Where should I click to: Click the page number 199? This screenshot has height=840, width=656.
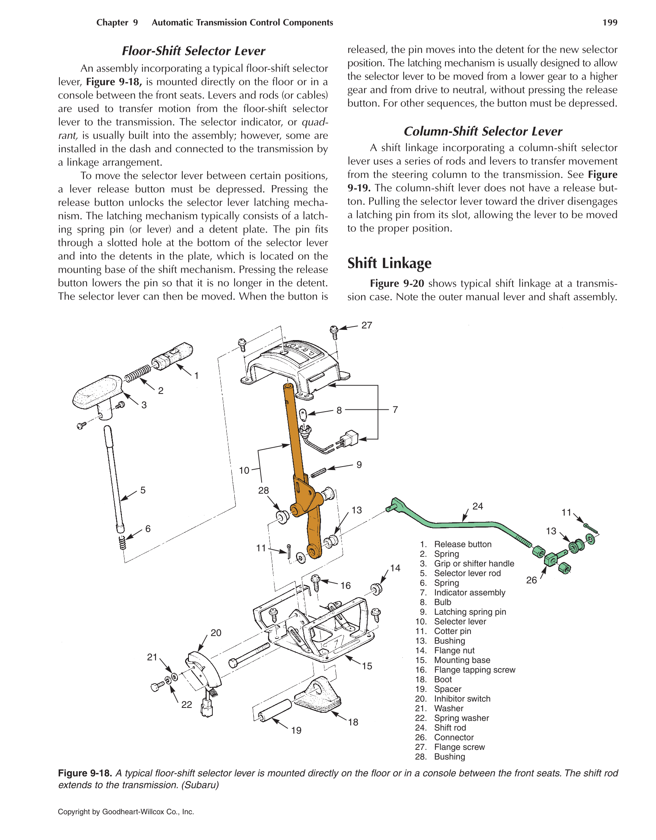coord(609,22)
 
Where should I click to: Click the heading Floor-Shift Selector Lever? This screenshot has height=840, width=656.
coord(193,51)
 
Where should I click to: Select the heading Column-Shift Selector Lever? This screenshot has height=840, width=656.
coord(483,131)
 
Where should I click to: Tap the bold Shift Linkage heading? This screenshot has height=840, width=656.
coord(389,263)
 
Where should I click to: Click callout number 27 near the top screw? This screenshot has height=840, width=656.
coord(366,325)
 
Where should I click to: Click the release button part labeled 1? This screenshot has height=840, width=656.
coord(173,356)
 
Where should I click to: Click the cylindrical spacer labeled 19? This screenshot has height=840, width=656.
coord(275,710)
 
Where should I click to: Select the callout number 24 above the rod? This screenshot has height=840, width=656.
coord(478,506)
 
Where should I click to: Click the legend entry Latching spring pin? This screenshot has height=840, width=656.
coord(469,612)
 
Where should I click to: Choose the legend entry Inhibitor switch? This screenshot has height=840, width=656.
coord(462,698)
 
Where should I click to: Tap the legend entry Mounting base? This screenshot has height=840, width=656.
coord(462,660)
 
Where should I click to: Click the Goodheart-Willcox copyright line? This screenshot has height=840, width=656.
coord(126,812)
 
